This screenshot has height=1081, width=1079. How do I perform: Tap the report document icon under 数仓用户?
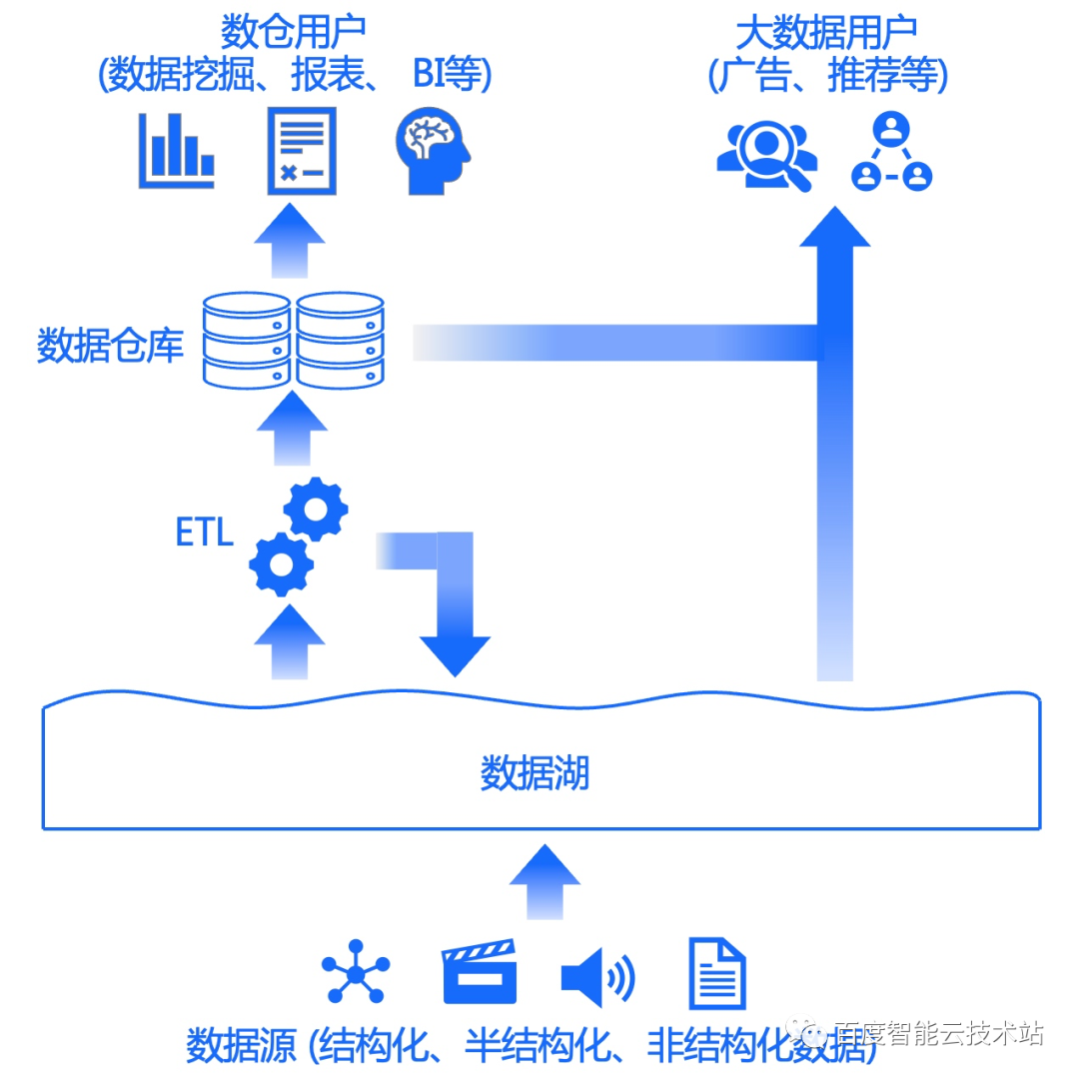click(x=301, y=151)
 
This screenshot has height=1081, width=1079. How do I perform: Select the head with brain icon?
click(x=432, y=152)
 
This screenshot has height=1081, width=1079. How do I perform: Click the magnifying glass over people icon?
click(x=766, y=154)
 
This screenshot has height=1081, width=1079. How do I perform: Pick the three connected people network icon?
click(x=891, y=152)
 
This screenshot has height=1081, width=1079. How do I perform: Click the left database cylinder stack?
click(x=246, y=341)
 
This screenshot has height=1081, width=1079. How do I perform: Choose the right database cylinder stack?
click(x=340, y=341)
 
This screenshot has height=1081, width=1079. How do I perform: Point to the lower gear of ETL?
click(x=281, y=564)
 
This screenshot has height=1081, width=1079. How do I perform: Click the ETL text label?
click(x=205, y=534)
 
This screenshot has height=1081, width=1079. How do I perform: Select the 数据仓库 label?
click(x=110, y=345)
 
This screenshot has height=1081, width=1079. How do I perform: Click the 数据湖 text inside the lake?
click(x=535, y=772)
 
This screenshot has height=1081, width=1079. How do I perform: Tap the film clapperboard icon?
click(x=480, y=971)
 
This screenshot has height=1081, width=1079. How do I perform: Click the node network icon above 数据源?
click(x=356, y=971)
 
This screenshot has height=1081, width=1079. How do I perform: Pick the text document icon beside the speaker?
click(x=717, y=972)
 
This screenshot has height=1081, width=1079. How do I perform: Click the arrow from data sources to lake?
click(x=544, y=879)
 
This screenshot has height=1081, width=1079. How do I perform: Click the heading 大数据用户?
click(x=827, y=35)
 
